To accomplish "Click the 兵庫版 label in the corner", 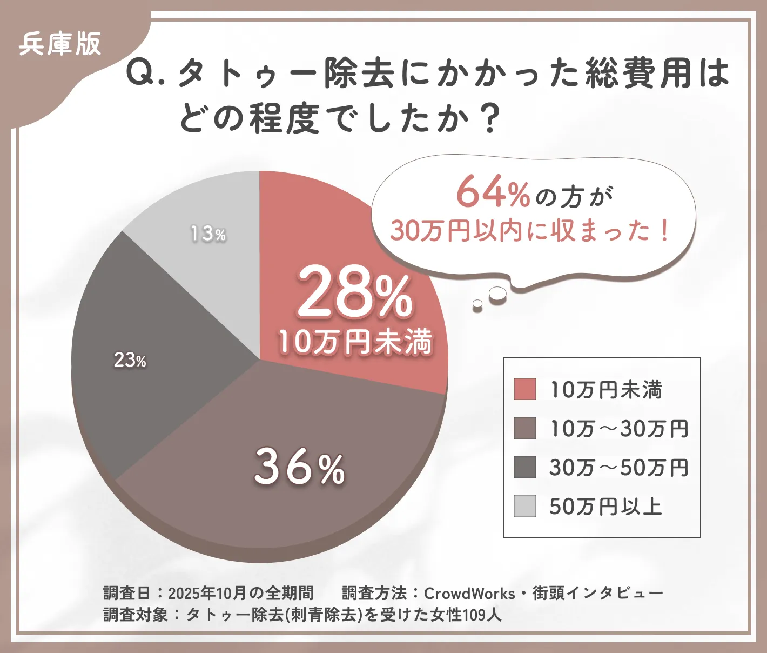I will click(x=59, y=44).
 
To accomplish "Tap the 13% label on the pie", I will click(x=207, y=234).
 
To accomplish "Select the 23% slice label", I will click(x=130, y=360).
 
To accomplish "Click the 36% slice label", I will click(x=300, y=467).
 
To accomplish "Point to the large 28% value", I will click(x=355, y=294).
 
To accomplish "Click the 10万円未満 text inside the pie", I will click(x=355, y=342).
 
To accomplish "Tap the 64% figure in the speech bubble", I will click(x=492, y=193).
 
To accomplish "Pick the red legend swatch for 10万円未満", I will click(x=524, y=389).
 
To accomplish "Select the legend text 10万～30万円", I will click(x=619, y=429).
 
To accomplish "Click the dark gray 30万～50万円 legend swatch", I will click(x=524, y=467).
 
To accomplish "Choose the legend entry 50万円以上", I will click(x=605, y=507).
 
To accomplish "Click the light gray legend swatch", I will click(x=524, y=506).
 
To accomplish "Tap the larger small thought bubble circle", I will click(x=497, y=294).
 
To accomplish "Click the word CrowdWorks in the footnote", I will click(x=469, y=594).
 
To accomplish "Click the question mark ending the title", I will click(x=490, y=119).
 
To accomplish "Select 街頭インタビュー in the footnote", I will click(x=597, y=594).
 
